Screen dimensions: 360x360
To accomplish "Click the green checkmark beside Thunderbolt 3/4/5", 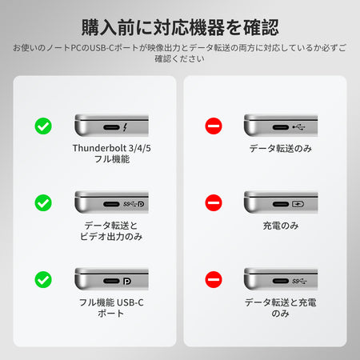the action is pos(43,126).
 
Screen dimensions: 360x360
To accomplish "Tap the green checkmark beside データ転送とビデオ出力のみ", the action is pos(43,202).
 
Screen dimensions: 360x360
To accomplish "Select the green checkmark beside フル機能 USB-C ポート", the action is pos(43,279).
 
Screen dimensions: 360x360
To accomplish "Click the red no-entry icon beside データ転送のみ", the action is pos(214,126).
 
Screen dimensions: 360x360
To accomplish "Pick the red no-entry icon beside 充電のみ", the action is pos(214,202).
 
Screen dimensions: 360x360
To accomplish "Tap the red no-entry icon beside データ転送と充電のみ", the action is pos(214,279).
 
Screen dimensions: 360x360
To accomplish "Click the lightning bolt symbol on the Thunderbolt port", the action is pos(125,127).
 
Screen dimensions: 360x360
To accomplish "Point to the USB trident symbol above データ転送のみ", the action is pos(298,127).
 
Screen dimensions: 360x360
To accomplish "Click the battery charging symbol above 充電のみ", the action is pos(298,204).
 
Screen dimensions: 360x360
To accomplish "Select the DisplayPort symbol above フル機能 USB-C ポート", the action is pos(127,281).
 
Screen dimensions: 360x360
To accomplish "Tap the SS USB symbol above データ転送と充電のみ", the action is pos(299,281).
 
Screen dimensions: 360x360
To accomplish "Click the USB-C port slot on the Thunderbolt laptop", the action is pos(111,127).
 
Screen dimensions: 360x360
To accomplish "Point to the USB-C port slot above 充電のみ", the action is pos(281,204).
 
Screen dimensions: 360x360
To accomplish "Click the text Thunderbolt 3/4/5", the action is pos(112,148).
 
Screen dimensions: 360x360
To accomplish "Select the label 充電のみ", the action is pos(281,226).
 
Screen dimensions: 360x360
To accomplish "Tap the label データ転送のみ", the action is pos(281,148).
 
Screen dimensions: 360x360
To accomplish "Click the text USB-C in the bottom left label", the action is pos(130,302).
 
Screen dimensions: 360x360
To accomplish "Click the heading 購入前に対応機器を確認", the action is pos(180,27).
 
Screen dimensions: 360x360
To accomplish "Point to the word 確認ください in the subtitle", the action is pos(180,58).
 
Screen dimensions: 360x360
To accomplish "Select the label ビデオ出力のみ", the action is pos(111,237).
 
